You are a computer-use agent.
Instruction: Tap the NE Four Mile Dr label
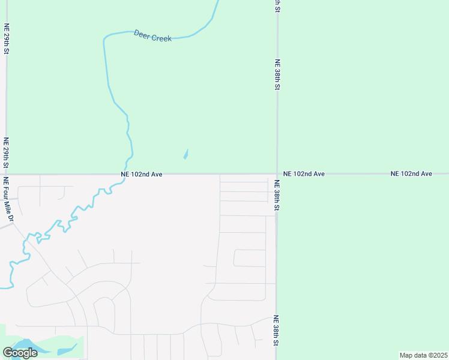(x=8, y=199)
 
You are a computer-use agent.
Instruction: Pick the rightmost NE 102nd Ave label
(x=411, y=173)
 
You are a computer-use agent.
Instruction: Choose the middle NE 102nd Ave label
(x=304, y=173)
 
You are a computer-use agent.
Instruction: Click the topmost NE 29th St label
(x=7, y=39)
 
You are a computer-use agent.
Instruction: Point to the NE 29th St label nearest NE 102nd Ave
(x=6, y=153)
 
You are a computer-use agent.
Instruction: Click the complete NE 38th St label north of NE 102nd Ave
(x=277, y=74)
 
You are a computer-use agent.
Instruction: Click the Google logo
(x=20, y=353)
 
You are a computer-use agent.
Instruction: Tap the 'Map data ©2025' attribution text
(x=423, y=355)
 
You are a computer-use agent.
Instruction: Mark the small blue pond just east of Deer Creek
(x=186, y=154)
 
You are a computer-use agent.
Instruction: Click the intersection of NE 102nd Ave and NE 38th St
(x=277, y=174)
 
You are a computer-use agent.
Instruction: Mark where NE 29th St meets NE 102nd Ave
(x=6, y=174)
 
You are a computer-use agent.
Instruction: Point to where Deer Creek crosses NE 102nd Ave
(x=124, y=175)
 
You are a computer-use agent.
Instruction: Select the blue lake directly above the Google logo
(x=24, y=344)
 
